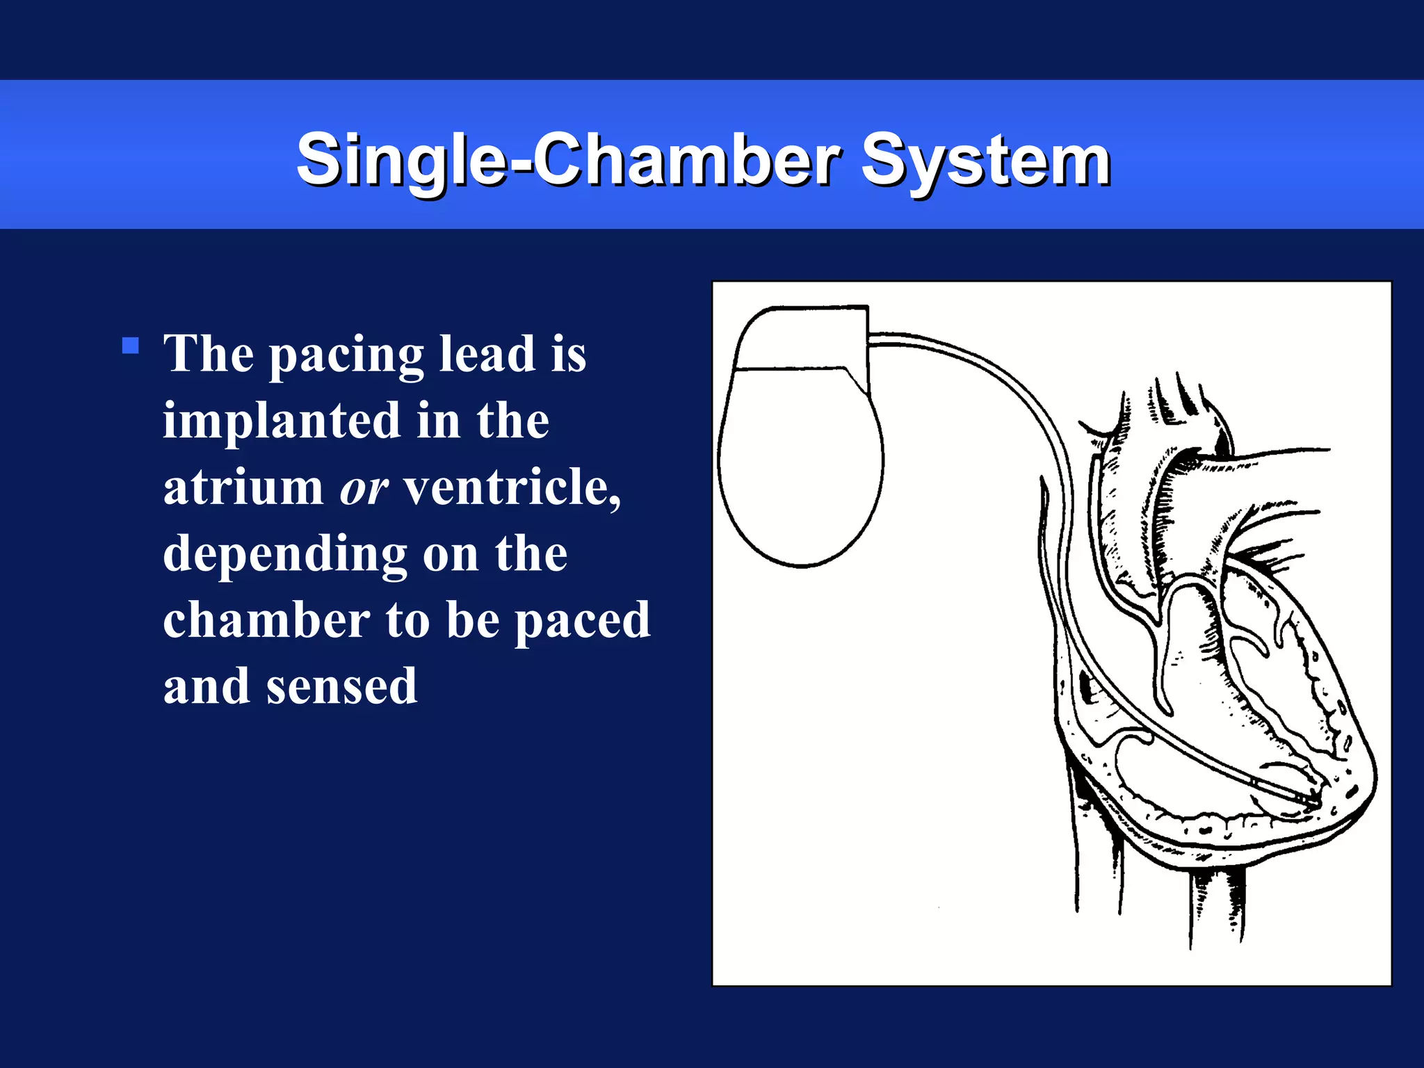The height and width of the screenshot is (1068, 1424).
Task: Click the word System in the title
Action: coord(985,161)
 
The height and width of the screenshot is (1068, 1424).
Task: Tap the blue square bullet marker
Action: coord(130,346)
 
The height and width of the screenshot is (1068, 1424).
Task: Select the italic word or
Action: coord(363,488)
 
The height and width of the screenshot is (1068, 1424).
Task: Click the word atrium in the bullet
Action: coord(243,487)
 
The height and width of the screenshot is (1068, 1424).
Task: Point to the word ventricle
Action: coord(512,487)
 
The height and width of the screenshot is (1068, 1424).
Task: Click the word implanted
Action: coord(282,421)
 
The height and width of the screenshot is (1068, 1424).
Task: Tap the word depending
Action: coord(285,555)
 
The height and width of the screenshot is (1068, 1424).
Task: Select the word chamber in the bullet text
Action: coord(266,620)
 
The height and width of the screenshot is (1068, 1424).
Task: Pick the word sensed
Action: coord(341,687)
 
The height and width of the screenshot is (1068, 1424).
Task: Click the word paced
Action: coord(582,622)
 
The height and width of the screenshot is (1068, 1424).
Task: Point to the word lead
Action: coord(488,353)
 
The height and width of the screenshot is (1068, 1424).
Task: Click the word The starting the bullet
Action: coord(208,353)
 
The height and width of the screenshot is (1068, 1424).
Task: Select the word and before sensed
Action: coord(206,687)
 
